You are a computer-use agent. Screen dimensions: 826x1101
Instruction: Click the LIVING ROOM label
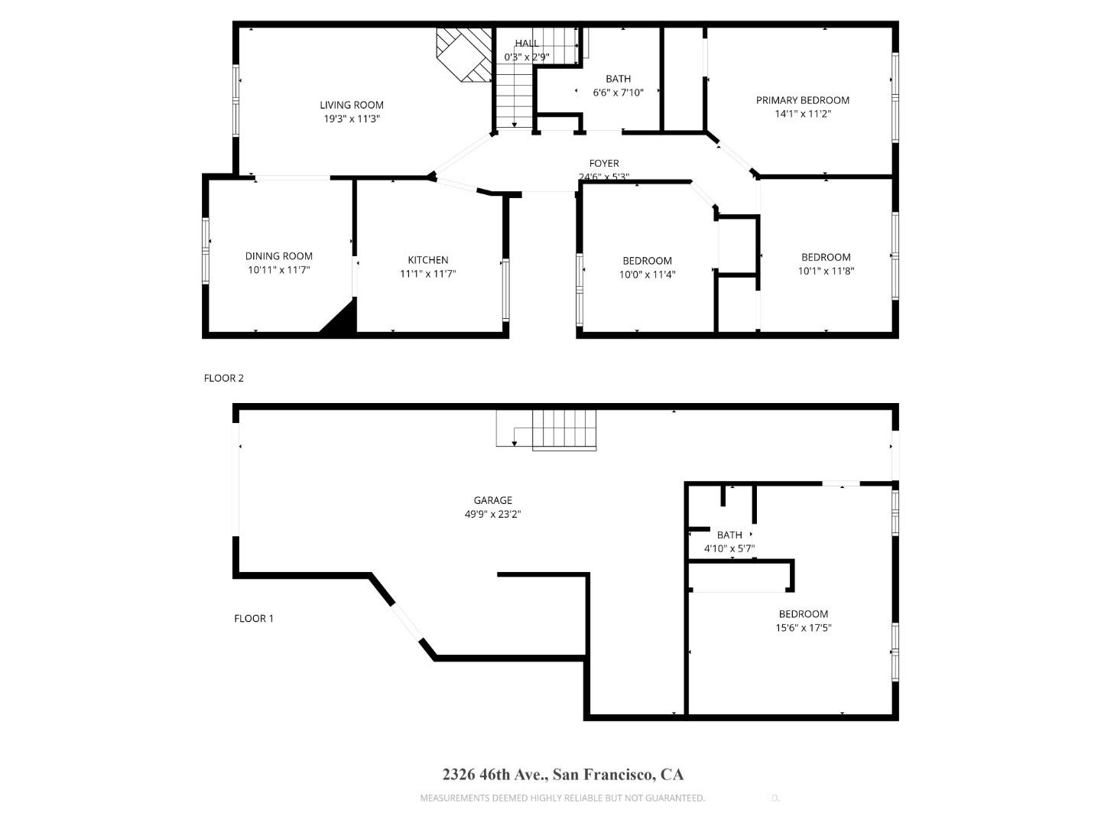pos(352,105)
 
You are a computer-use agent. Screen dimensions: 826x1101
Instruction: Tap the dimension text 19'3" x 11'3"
pos(352,119)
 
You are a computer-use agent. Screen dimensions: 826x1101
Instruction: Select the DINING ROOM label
pos(279,256)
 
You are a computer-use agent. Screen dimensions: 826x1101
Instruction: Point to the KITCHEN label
pos(427,260)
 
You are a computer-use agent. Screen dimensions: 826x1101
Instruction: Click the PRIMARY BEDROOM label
pos(803,100)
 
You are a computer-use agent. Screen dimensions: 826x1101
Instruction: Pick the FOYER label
pos(604,163)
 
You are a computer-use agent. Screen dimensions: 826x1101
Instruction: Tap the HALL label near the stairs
pos(526,44)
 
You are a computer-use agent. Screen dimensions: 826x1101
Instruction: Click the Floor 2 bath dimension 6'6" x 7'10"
pos(618,93)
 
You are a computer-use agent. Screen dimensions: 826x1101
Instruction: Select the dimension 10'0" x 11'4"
pos(647,275)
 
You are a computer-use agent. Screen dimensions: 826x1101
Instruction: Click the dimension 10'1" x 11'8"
pos(826,271)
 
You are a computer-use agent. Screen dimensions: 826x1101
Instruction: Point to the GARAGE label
pos(492,501)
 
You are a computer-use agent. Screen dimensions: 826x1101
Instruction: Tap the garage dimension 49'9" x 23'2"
pos(492,515)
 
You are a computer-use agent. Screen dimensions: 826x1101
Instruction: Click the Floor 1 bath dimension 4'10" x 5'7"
pos(729,548)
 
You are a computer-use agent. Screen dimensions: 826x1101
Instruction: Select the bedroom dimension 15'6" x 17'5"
pos(804,628)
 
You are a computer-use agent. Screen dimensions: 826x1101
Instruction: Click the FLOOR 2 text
pos(223,378)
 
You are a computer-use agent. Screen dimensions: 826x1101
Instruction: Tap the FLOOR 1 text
pos(253,618)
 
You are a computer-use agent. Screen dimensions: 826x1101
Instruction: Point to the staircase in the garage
pos(563,430)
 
